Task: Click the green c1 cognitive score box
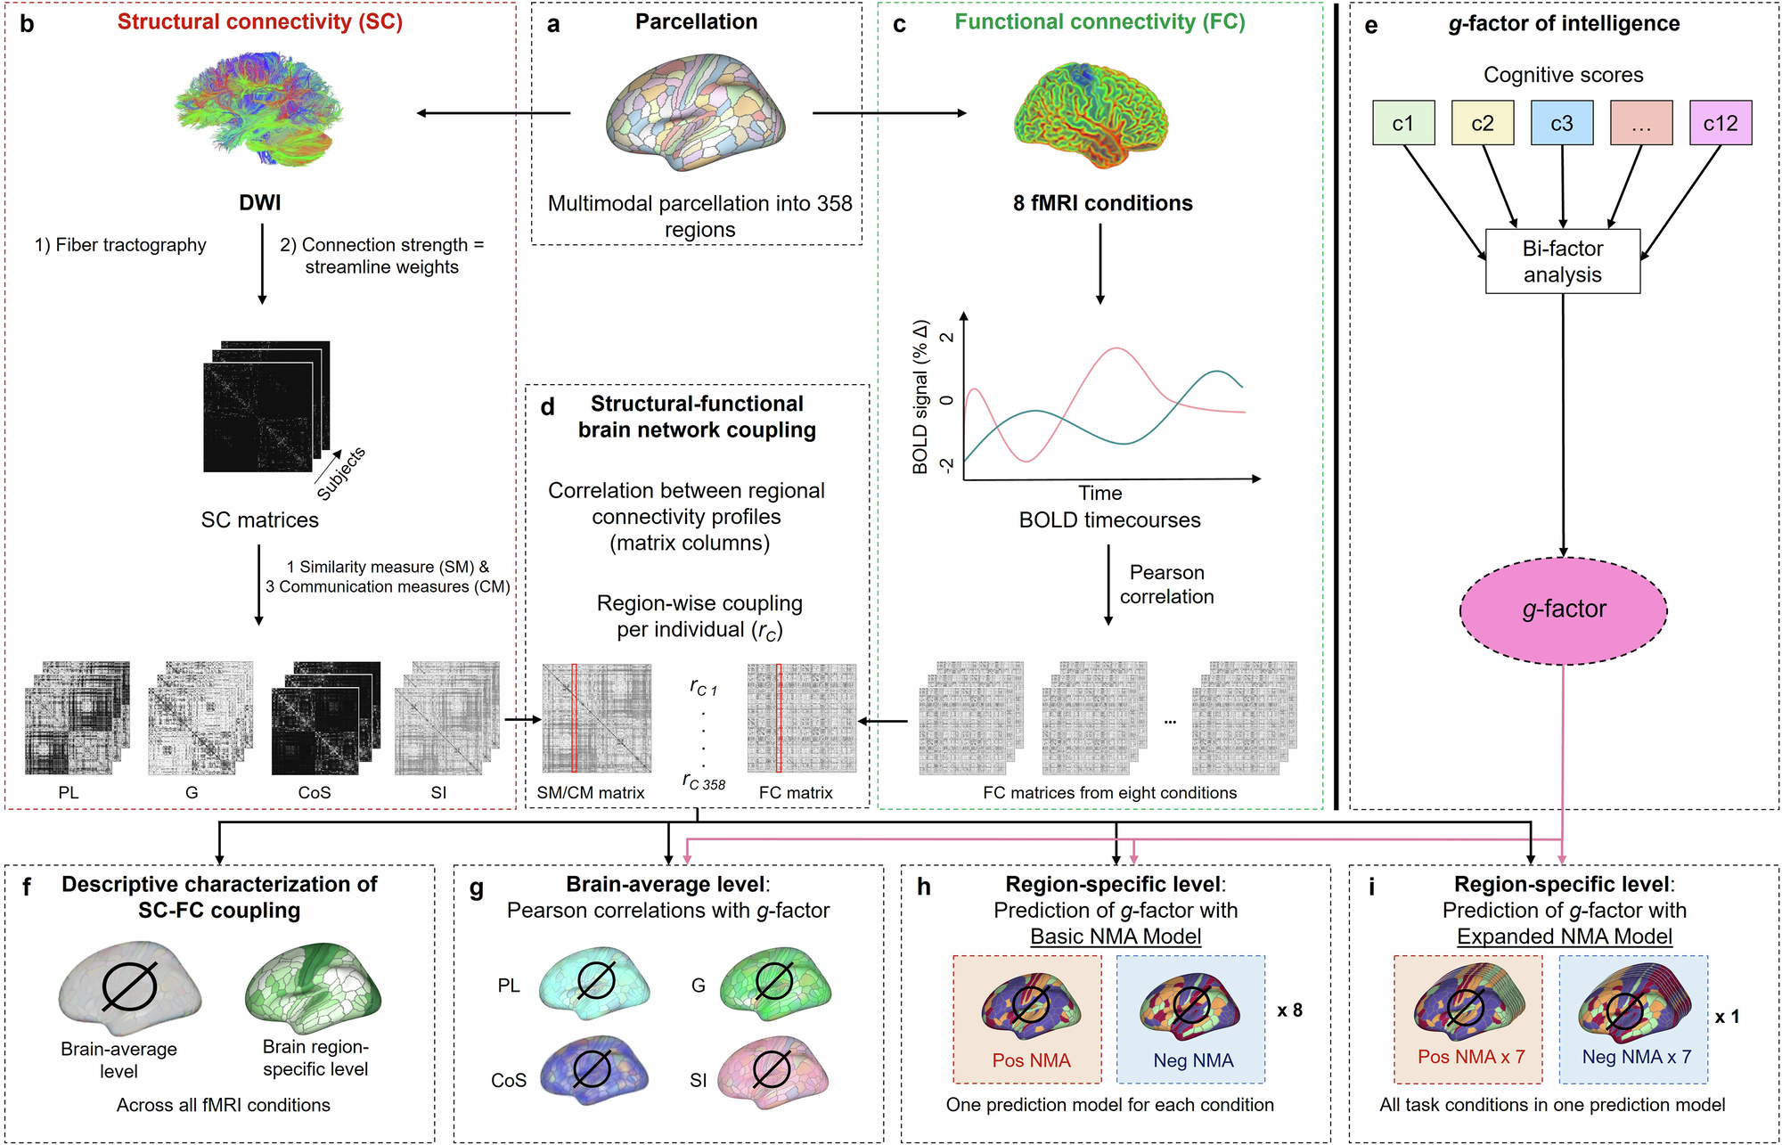1403,123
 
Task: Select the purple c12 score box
1720,123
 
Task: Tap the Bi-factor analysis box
1562,261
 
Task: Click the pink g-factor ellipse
1563,609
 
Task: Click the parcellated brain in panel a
696,112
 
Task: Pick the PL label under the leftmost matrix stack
69,792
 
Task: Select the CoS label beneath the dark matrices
314,792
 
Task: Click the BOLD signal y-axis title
920,397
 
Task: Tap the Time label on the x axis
1099,493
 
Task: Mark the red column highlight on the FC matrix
779,717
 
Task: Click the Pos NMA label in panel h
1031,1060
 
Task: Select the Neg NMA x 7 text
1636,1057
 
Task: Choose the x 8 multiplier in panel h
1289,1010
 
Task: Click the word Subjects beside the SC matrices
341,474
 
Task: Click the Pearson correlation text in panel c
1166,585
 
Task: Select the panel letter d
547,407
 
